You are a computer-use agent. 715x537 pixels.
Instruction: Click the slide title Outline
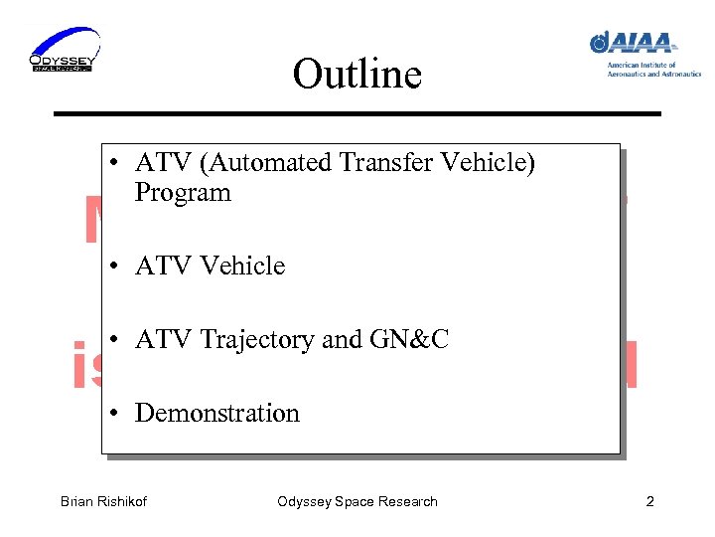tap(357, 75)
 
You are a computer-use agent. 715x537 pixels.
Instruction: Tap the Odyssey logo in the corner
tap(64, 51)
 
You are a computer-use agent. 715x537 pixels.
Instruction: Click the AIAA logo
tap(635, 43)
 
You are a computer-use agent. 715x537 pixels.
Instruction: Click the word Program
tap(183, 193)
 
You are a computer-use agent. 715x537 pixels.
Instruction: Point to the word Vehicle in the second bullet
tap(242, 267)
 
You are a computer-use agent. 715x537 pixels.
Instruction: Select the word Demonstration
tap(216, 414)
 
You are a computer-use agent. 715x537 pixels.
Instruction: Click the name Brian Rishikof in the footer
tap(103, 501)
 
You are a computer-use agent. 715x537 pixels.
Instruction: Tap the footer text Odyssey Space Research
tap(357, 501)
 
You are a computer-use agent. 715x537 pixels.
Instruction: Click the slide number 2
tap(649, 501)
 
